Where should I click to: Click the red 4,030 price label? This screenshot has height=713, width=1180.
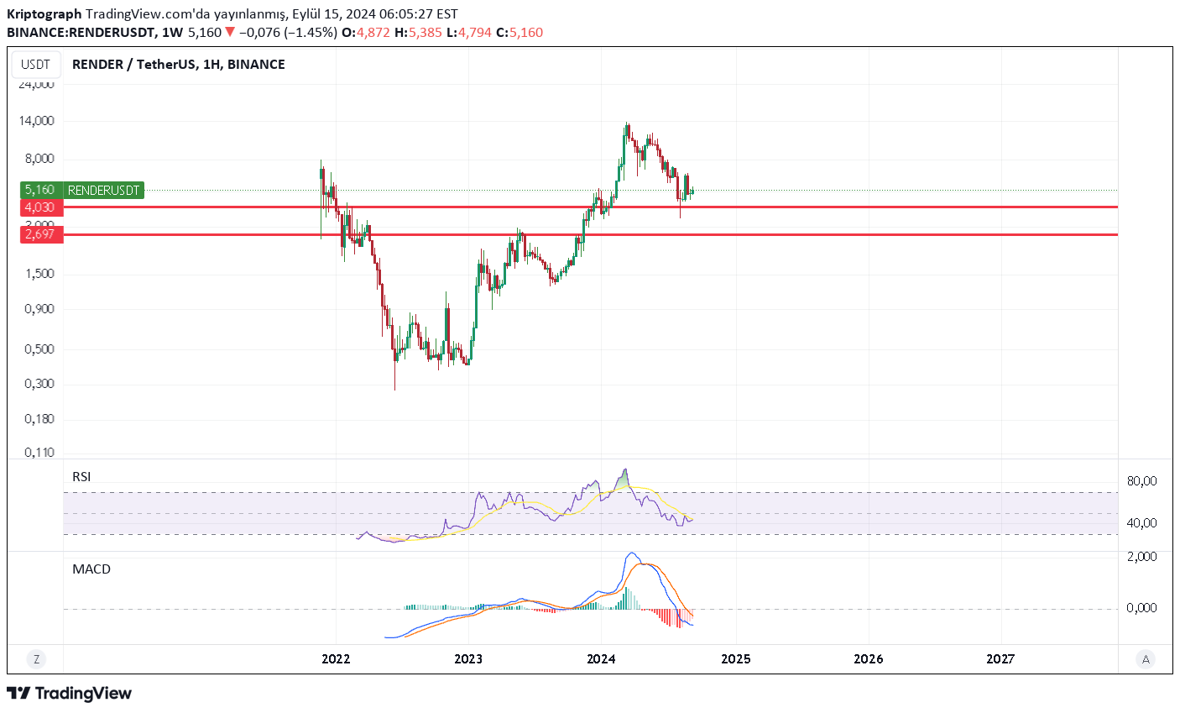pyautogui.click(x=39, y=207)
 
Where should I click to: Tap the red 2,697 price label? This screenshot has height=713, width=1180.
pyautogui.click(x=39, y=234)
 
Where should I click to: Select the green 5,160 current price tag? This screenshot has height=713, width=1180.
pyautogui.click(x=39, y=191)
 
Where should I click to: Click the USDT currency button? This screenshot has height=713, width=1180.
pyautogui.click(x=35, y=65)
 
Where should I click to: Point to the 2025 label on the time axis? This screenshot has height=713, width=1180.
pyautogui.click(x=735, y=659)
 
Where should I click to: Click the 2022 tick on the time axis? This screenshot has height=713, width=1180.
pyautogui.click(x=336, y=659)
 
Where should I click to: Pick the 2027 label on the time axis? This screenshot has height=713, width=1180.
pyautogui.click(x=1000, y=659)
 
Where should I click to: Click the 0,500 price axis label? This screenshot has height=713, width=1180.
pyautogui.click(x=39, y=349)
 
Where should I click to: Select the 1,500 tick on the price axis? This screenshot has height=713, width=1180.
pyautogui.click(x=39, y=274)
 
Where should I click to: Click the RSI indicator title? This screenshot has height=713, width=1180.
pyautogui.click(x=81, y=477)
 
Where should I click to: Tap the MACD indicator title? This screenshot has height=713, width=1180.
pyautogui.click(x=91, y=569)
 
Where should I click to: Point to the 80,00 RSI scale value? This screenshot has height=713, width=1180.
pyautogui.click(x=1141, y=481)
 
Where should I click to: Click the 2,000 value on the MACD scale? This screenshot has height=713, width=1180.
pyautogui.click(x=1141, y=557)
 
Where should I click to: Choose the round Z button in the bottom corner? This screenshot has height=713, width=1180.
pyautogui.click(x=36, y=659)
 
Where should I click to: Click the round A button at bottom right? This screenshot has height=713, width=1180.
pyautogui.click(x=1146, y=659)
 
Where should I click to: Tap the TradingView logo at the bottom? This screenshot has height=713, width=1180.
pyautogui.click(x=70, y=693)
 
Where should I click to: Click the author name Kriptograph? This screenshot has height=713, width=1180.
pyautogui.click(x=44, y=14)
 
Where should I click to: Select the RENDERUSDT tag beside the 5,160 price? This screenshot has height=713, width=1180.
pyautogui.click(x=103, y=191)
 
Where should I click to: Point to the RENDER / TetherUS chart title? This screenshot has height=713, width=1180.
pyautogui.click(x=178, y=65)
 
